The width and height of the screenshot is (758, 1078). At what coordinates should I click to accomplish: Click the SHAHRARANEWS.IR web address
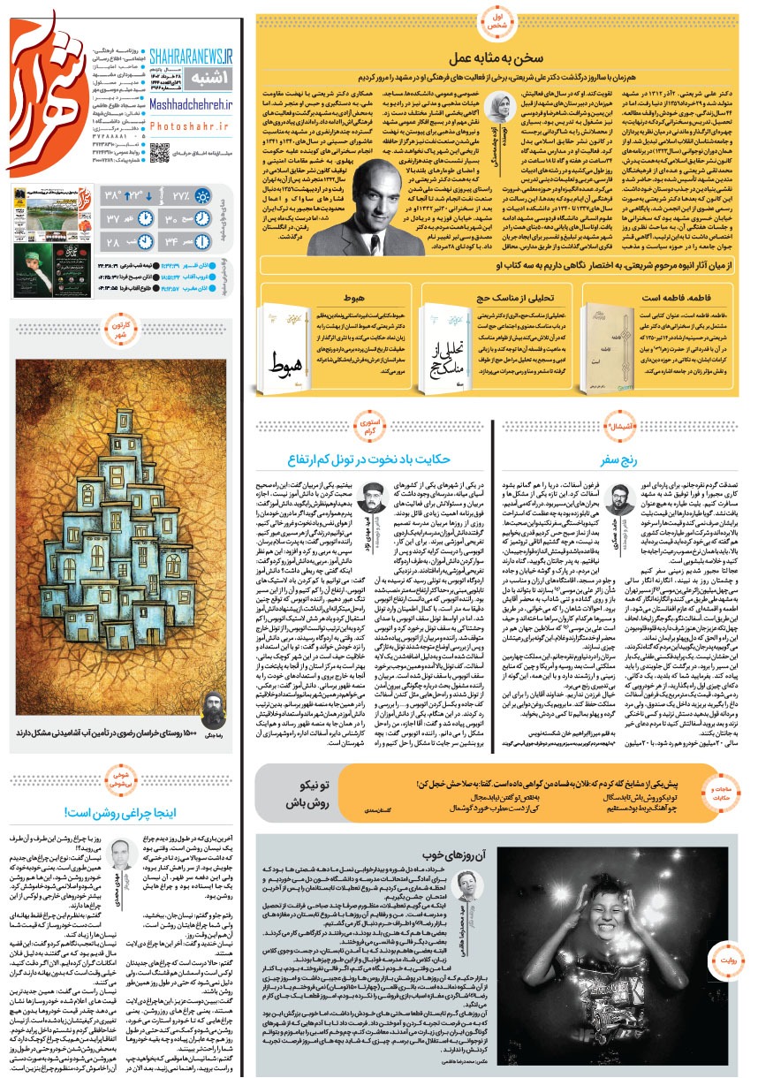coord(190,56)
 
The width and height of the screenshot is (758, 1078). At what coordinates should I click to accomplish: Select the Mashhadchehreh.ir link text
coord(190,102)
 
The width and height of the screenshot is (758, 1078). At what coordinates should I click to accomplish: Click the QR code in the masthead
coord(159,151)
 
